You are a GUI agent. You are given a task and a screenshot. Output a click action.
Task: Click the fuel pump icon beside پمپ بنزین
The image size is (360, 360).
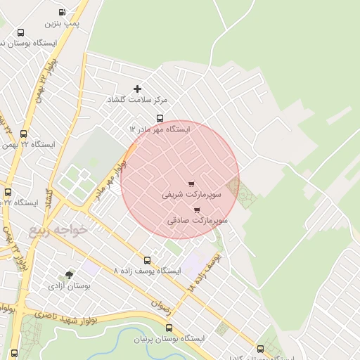coord(63,12)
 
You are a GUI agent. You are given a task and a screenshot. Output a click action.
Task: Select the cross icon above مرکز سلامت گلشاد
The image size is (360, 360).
coord(137,89)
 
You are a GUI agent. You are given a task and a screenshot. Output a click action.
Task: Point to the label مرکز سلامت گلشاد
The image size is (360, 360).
coord(131,100)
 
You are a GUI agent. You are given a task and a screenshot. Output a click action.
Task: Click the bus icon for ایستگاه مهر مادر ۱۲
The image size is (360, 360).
coord(160,118)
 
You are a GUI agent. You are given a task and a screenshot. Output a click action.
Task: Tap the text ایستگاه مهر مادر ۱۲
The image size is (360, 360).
coord(160,129)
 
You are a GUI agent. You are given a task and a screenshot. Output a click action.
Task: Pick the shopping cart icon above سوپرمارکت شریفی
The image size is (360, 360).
coord(191,184)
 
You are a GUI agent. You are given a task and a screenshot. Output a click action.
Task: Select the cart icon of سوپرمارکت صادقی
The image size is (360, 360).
coord(196,210)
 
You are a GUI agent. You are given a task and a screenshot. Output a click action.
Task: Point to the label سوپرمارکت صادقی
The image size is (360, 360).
coord(198,220)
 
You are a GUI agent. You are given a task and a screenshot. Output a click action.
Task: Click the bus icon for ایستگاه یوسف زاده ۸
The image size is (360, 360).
coord(147,260)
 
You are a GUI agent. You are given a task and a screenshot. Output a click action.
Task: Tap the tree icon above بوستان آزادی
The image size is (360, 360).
coord(69,276)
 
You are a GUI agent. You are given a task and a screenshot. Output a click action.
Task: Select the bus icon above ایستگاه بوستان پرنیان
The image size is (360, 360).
coord(169,328)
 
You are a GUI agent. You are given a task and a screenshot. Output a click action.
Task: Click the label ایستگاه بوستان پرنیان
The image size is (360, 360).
coord(169,339)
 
